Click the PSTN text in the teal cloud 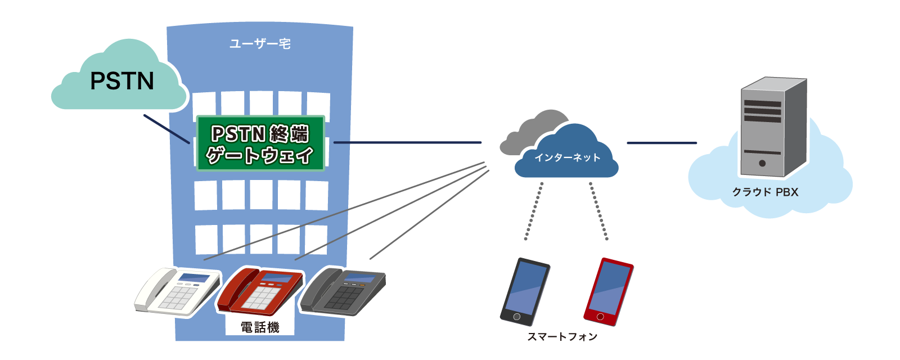(122, 82)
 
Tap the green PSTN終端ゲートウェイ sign (260, 143)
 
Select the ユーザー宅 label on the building (260, 44)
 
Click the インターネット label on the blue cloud (567, 157)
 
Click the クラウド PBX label (765, 192)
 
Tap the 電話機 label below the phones (260, 327)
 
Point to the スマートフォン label (562, 337)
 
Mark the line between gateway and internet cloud (407, 142)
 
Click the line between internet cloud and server (661, 143)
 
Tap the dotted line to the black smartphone (534, 211)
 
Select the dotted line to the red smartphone (598, 211)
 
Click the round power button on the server (762, 163)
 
